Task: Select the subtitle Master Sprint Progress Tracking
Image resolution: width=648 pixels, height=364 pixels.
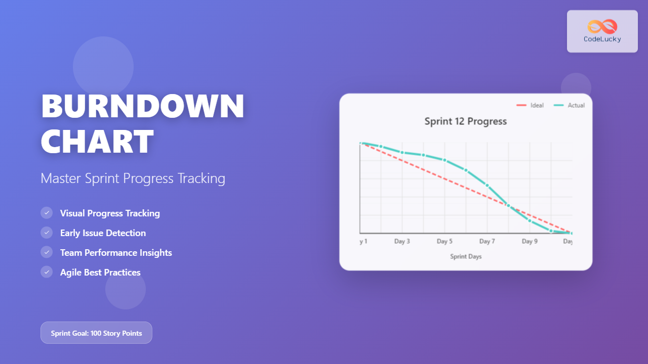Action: [x=133, y=178]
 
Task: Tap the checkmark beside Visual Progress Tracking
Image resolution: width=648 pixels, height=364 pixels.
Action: [x=47, y=213]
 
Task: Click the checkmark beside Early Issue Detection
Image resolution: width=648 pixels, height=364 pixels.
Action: [x=47, y=233]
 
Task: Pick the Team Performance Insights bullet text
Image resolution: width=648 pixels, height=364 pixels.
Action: [x=116, y=253]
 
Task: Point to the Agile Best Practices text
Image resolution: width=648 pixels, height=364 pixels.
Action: [x=100, y=272]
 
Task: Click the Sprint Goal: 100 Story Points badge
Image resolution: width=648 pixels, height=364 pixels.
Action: [x=96, y=333]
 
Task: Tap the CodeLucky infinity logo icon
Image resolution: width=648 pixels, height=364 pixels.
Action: [x=602, y=26]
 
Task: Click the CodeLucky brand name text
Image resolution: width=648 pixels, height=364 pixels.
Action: [x=602, y=39]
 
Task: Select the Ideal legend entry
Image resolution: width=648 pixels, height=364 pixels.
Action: [x=530, y=105]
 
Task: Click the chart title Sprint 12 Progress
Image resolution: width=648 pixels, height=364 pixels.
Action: [x=465, y=121]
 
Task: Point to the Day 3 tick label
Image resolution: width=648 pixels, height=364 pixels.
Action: [x=402, y=242]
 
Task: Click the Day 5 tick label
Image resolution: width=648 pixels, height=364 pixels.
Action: [x=444, y=242]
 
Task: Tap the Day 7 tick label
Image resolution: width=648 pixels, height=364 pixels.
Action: [x=487, y=242]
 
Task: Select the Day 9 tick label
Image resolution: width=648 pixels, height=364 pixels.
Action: [x=530, y=242]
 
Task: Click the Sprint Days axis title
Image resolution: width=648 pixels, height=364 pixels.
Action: [x=466, y=257]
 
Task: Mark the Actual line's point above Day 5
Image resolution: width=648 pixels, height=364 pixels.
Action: [x=444, y=160]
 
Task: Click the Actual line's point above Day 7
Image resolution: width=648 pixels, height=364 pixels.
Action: [x=487, y=186]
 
